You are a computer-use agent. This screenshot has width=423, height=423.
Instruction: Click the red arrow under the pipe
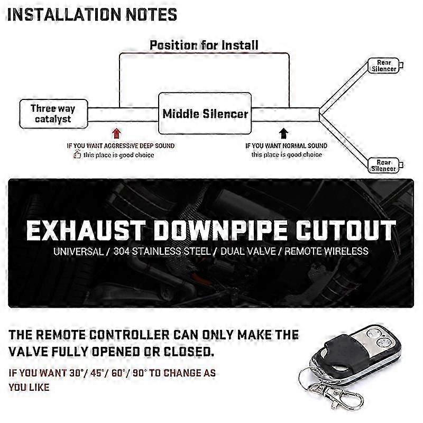(x=116, y=133)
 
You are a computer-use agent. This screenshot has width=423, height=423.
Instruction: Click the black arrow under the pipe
(x=283, y=133)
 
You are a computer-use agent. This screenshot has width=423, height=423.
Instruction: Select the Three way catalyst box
(x=54, y=114)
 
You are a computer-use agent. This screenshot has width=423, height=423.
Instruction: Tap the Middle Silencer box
(x=205, y=113)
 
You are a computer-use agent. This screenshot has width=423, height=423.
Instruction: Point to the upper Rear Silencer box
(x=384, y=66)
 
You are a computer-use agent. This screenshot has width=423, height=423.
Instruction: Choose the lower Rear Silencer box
(x=383, y=165)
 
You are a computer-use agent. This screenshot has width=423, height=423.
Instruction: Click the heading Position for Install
(x=204, y=45)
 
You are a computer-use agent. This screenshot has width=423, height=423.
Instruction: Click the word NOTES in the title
(x=152, y=15)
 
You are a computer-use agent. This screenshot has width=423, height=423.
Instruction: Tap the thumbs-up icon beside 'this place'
(x=77, y=154)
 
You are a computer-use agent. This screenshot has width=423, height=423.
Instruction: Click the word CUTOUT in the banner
(x=345, y=231)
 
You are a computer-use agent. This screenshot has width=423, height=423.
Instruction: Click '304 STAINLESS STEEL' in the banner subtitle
(x=162, y=252)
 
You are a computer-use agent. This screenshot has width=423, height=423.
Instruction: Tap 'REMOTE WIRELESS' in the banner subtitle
(x=326, y=252)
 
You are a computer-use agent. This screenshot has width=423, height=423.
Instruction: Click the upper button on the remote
(x=374, y=334)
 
